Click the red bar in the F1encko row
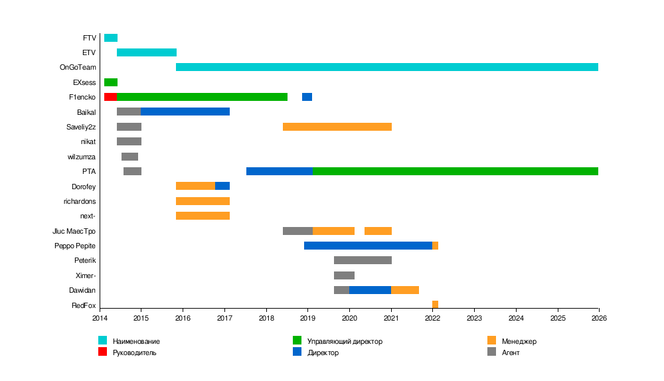pos(110,97)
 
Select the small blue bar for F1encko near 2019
pos(307,97)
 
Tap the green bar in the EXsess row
pos(111,82)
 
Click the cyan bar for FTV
pos(111,38)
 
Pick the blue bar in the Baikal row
pos(185,112)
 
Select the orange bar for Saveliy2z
pos(337,127)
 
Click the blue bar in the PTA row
pos(280,171)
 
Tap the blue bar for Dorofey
pos(222,186)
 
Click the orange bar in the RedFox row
pos(435,305)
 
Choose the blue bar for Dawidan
pos(370,290)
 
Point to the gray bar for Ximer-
pos(344,275)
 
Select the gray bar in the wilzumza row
pos(129,157)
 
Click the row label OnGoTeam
pos(78,68)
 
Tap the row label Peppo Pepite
pos(75,246)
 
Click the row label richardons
pos(80,201)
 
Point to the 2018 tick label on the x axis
pos(266,319)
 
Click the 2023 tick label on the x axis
pos(474,319)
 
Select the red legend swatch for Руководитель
pos(102,352)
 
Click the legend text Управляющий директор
pos(345,341)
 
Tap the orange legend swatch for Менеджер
pos(491,341)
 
